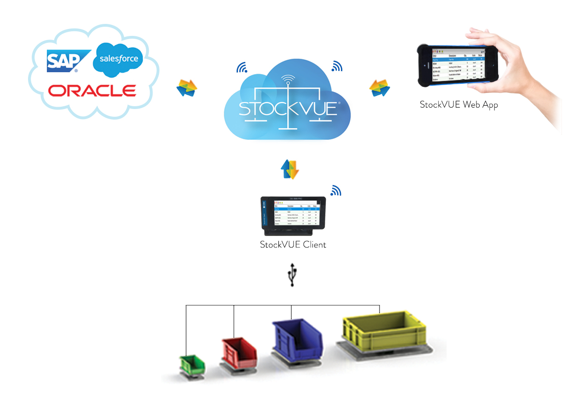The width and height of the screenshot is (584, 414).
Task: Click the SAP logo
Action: pyautogui.click(x=63, y=62)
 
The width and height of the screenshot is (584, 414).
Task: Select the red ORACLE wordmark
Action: pyautogui.click(x=92, y=90)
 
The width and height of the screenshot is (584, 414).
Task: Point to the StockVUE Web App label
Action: pyautogui.click(x=459, y=105)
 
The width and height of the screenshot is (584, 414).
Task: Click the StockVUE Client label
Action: pyautogui.click(x=293, y=245)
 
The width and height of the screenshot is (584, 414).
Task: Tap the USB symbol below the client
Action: pyautogui.click(x=291, y=275)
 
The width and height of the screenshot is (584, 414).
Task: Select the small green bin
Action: pyautogui.click(x=192, y=364)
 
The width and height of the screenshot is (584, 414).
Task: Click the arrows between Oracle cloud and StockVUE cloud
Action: pyautogui.click(x=187, y=88)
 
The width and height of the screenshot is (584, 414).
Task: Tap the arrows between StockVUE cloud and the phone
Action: pyautogui.click(x=380, y=88)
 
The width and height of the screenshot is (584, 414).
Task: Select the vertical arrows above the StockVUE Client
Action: pyautogui.click(x=290, y=169)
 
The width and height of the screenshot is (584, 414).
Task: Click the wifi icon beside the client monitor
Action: pyautogui.click(x=336, y=190)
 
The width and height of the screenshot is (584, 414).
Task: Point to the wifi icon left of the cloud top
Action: pyautogui.click(x=242, y=68)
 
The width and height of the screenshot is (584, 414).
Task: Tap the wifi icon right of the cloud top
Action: pyautogui.click(x=337, y=67)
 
